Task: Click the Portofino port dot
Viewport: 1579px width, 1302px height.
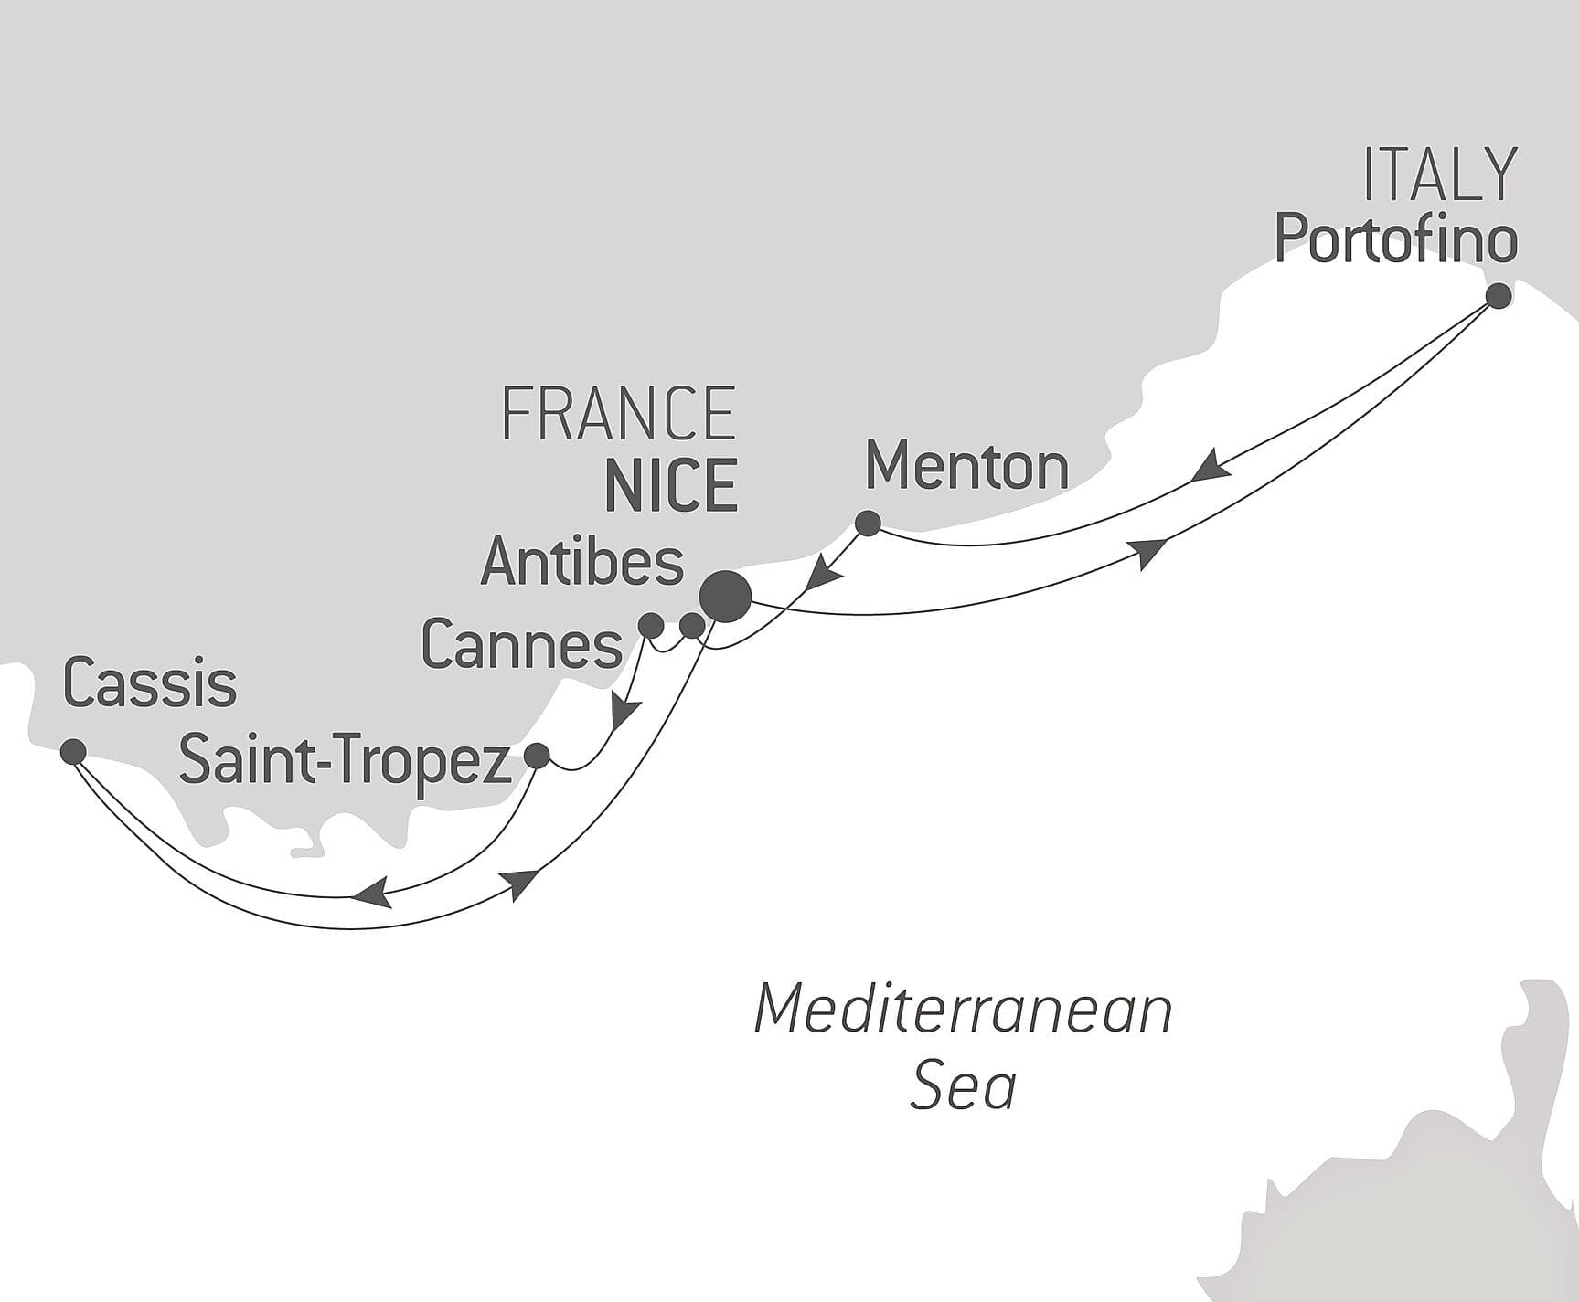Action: (1498, 296)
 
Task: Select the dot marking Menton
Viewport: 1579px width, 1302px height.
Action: (867, 524)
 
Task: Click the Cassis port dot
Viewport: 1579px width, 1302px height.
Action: (73, 752)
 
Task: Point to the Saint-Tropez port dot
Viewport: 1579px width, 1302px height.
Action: (536, 756)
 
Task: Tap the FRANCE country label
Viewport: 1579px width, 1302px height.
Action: (619, 414)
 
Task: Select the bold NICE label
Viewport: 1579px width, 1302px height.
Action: (671, 486)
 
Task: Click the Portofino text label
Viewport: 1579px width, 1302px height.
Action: (1395, 239)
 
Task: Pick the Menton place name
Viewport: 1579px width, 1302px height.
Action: (966, 467)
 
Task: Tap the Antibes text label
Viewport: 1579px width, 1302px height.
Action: (581, 562)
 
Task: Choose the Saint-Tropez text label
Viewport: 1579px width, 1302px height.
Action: (345, 760)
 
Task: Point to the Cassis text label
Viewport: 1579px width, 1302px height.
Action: (150, 684)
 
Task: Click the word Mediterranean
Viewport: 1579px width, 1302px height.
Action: (963, 1011)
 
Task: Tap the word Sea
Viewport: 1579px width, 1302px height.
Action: (963, 1087)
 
